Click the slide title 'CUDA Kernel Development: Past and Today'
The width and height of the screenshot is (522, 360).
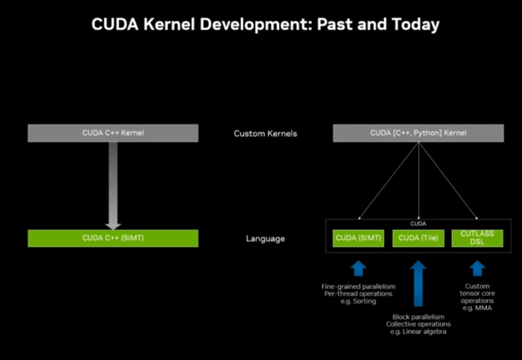point(265,25)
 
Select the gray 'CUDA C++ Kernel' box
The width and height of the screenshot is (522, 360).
point(113,133)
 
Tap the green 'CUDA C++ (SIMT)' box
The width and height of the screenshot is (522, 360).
point(113,238)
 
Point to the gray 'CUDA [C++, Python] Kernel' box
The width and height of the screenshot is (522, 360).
point(418,133)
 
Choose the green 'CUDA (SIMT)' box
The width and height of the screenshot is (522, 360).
point(358,238)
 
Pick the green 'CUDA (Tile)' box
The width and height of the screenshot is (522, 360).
point(418,238)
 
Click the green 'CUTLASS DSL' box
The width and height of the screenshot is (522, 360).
point(477,238)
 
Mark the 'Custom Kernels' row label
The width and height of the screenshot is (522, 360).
point(265,133)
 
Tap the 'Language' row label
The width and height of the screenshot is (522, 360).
point(265,239)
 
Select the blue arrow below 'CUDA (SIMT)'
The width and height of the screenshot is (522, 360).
point(358,268)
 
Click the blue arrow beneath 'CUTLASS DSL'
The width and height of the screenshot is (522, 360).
point(477,268)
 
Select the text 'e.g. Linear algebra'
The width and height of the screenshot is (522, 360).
point(418,331)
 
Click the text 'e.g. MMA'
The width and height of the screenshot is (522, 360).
point(477,308)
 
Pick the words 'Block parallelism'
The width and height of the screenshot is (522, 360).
point(418,317)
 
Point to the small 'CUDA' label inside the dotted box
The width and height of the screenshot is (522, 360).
point(418,224)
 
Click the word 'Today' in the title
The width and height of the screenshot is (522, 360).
point(416,25)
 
